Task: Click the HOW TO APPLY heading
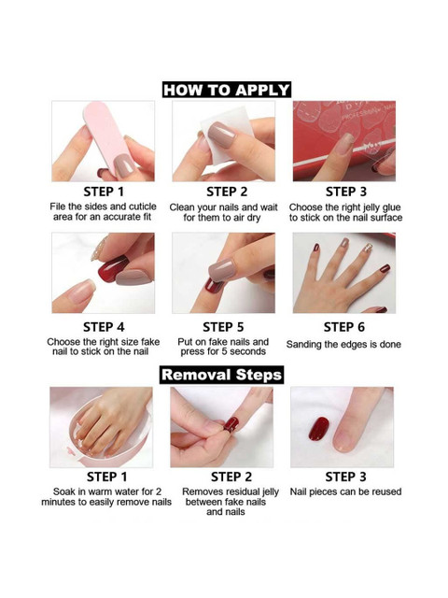click(227, 90)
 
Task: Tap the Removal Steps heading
click(222, 375)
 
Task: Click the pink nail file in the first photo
click(109, 139)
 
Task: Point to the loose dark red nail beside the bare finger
click(318, 429)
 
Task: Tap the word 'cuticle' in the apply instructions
click(143, 206)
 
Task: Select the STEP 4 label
click(104, 327)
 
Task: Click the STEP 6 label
click(344, 327)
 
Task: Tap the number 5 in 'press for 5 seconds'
click(225, 351)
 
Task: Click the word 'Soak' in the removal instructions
click(64, 491)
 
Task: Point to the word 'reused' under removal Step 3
click(386, 491)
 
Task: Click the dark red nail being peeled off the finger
click(231, 423)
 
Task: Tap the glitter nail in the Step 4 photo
click(99, 249)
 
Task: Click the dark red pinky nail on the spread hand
click(385, 268)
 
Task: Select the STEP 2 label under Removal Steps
click(231, 477)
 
